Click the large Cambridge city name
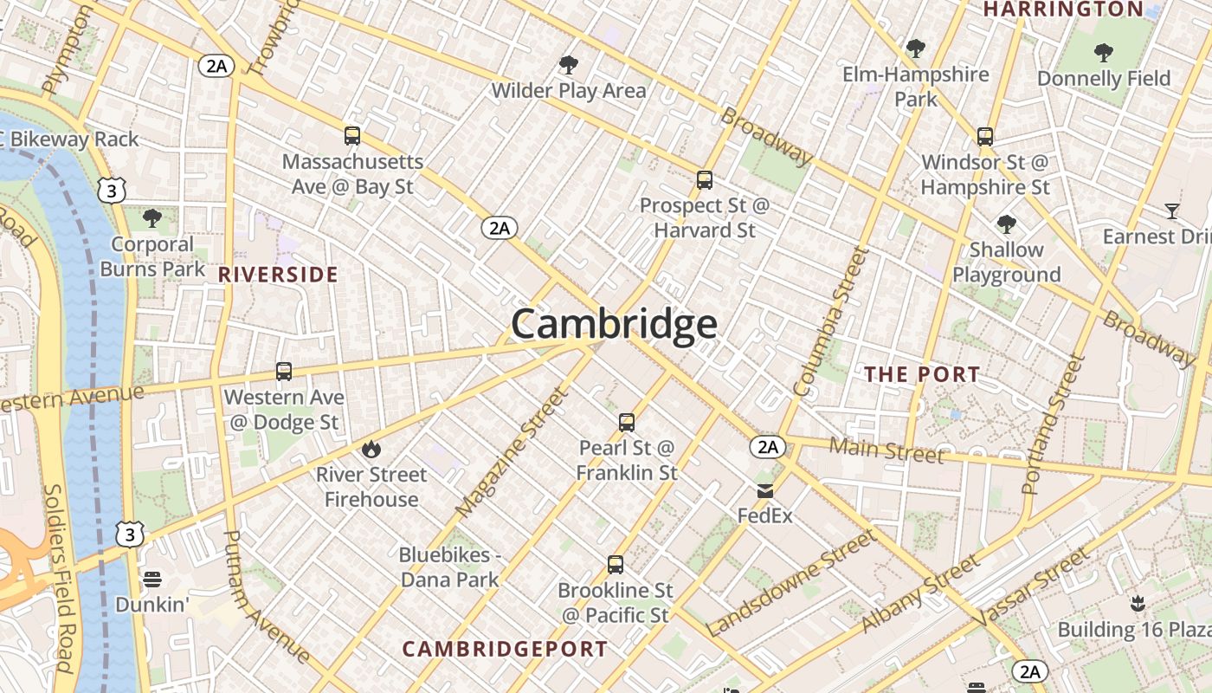pos(614,324)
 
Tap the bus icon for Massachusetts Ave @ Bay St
pos(351,135)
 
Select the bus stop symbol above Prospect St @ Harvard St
pos(705,180)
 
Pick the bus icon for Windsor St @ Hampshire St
pos(984,136)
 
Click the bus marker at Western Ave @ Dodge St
pos(283,372)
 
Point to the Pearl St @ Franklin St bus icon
pos(627,423)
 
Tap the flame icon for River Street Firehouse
pos(371,449)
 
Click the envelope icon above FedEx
pos(765,491)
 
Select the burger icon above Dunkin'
pos(152,579)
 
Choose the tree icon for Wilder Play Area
pos(568,64)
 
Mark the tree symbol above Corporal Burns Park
pos(152,217)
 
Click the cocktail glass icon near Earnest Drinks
pos(1171,210)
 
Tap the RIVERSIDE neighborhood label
pos(277,275)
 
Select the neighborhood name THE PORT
pos(922,374)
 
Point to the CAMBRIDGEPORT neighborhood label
pos(505,649)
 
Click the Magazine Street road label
pos(513,452)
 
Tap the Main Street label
pos(886,450)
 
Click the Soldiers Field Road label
pos(58,576)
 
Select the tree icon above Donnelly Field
pos(1103,53)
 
